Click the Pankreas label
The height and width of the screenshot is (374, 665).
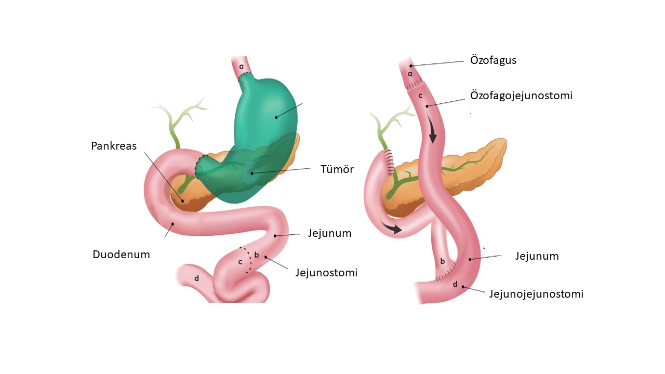[114, 146]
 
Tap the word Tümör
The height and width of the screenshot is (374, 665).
[337, 169]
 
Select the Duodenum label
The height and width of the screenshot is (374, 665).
[121, 255]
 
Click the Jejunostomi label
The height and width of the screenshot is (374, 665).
[326, 273]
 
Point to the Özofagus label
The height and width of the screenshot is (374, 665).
[493, 60]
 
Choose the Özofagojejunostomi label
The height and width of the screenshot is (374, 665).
[521, 96]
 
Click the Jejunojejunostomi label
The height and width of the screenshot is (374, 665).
[536, 294]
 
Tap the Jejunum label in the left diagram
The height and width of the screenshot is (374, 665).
[329, 233]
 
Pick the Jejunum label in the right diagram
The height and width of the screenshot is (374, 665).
[537, 256]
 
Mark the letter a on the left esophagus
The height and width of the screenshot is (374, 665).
[242, 66]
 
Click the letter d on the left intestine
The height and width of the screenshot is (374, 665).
[196, 278]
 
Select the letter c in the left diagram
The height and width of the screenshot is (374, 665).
[241, 262]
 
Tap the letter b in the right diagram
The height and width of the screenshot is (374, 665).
[442, 261]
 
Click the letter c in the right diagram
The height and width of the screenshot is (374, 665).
[420, 96]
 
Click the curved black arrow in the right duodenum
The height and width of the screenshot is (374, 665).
[391, 227]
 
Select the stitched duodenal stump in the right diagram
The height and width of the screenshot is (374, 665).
[390, 162]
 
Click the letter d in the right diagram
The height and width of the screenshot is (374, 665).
[455, 285]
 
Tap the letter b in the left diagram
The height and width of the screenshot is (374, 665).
[257, 255]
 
